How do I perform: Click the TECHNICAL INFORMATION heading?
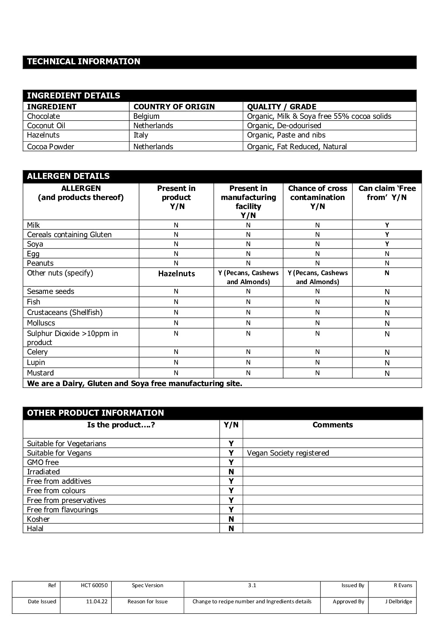(84, 62)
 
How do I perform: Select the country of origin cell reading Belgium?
(146, 116)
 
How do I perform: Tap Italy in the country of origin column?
(141, 135)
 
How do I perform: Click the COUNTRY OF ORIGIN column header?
(174, 107)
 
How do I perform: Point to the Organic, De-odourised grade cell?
(284, 126)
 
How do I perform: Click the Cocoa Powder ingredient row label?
(50, 147)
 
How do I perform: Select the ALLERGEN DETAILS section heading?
(68, 176)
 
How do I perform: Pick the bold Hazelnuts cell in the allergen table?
(176, 274)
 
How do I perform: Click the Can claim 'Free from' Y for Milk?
(387, 225)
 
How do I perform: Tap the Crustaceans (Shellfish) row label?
(65, 312)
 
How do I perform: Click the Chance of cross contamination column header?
(317, 197)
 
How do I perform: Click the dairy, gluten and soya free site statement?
(135, 383)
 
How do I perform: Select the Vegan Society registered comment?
(288, 453)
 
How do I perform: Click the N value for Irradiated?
(231, 472)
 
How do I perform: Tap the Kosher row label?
(38, 519)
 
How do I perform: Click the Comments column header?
(333, 425)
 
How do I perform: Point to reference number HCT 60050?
(94, 585)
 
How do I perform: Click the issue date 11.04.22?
(97, 601)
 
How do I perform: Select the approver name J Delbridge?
(398, 601)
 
